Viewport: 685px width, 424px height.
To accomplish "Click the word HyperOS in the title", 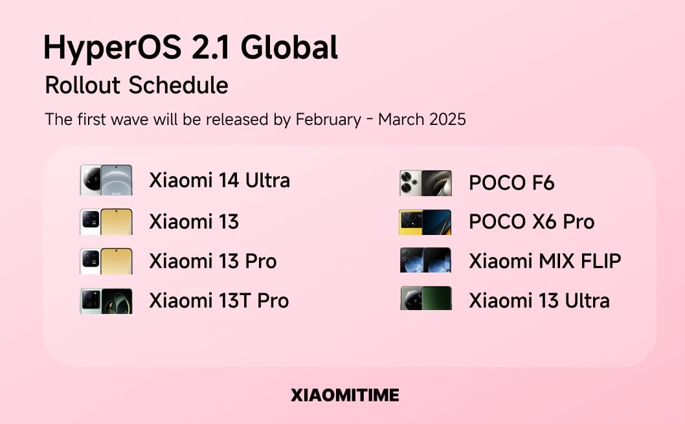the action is pyautogui.click(x=112, y=48).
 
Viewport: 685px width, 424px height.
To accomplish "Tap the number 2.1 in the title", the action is pyautogui.click(x=210, y=47).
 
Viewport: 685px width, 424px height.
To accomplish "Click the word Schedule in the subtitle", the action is pyautogui.click(x=178, y=85).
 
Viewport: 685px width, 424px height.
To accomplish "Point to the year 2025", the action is pyautogui.click(x=448, y=119).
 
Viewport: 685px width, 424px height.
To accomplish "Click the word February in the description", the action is pyautogui.click(x=328, y=120).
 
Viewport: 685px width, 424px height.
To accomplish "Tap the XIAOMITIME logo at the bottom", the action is pyautogui.click(x=344, y=395).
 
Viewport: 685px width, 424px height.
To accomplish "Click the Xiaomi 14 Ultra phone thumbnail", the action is pyautogui.click(x=106, y=180).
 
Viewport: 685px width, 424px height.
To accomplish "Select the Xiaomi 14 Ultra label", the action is pyautogui.click(x=219, y=181).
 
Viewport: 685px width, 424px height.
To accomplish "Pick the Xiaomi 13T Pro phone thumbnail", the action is pyautogui.click(x=106, y=301).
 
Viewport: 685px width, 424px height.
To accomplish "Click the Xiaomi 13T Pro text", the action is pyautogui.click(x=219, y=301).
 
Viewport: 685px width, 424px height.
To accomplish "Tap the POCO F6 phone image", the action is pyautogui.click(x=425, y=183).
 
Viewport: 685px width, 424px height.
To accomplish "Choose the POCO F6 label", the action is pyautogui.click(x=511, y=183).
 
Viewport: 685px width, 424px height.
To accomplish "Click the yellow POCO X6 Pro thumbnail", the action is pyautogui.click(x=425, y=222).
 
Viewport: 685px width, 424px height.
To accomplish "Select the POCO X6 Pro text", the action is pyautogui.click(x=532, y=222).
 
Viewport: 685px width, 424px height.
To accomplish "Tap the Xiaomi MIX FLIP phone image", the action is pyautogui.click(x=425, y=260).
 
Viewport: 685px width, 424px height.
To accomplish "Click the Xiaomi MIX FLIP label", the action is pyautogui.click(x=545, y=261).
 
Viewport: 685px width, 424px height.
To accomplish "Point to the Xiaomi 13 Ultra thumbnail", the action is pyautogui.click(x=426, y=298).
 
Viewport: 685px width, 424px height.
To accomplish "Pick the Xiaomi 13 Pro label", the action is pyautogui.click(x=213, y=261).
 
